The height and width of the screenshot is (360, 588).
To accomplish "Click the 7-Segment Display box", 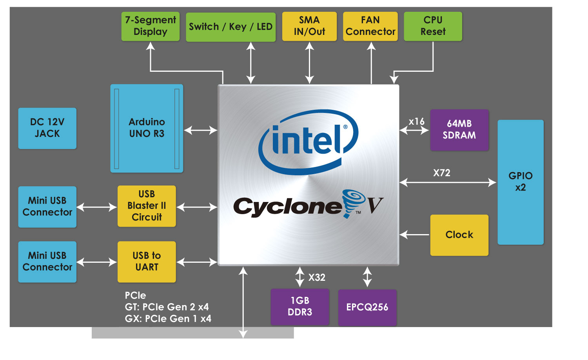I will pyautogui.click(x=151, y=26).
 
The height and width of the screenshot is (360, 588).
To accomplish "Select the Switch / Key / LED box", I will pyautogui.click(x=230, y=27).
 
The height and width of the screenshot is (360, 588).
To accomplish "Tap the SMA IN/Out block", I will pyautogui.click(x=309, y=26).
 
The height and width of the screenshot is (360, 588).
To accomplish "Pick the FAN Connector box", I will pyautogui.click(x=370, y=26).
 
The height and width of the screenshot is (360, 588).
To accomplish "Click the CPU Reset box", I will pyautogui.click(x=433, y=26).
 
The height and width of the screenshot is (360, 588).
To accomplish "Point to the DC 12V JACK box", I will pyautogui.click(x=47, y=128).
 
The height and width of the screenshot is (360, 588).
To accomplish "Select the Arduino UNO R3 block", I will pyautogui.click(x=147, y=128).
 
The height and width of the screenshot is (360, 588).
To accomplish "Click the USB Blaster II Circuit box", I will pyautogui.click(x=147, y=206).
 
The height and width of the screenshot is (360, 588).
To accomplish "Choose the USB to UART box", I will pyautogui.click(x=147, y=262).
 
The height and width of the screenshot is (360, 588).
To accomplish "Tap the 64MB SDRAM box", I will pyautogui.click(x=459, y=130).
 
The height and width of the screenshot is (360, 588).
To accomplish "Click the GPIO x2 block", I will pyautogui.click(x=520, y=182).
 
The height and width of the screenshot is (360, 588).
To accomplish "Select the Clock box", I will pyautogui.click(x=459, y=235).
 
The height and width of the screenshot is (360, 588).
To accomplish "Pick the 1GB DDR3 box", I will pyautogui.click(x=300, y=307).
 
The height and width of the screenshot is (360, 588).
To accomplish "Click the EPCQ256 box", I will pyautogui.click(x=367, y=307).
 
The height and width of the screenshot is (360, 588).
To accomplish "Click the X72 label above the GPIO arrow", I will pyautogui.click(x=442, y=173).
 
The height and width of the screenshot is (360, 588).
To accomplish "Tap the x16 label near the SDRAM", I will pyautogui.click(x=416, y=122).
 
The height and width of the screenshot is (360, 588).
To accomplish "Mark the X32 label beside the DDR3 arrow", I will pyautogui.click(x=317, y=278).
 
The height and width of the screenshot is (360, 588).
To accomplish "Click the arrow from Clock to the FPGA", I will pyautogui.click(x=415, y=235).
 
